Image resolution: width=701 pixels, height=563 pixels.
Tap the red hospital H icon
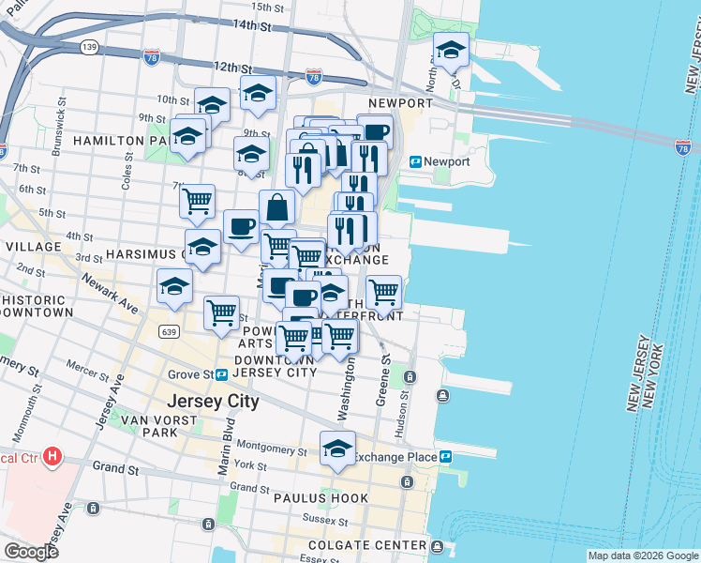point(53,457)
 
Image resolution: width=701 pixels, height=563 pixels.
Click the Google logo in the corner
point(31,552)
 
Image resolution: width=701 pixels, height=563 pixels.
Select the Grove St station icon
point(222,374)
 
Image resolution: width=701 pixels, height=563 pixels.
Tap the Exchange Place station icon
point(446,457)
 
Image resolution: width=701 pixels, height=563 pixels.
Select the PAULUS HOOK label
point(315,497)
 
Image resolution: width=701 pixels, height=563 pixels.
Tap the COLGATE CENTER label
point(383,545)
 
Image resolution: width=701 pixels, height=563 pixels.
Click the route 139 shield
point(90,46)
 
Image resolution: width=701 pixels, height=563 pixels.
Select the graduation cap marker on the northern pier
point(451,51)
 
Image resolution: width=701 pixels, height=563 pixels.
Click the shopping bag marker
point(278,207)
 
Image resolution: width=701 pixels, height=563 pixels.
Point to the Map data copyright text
point(642,555)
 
